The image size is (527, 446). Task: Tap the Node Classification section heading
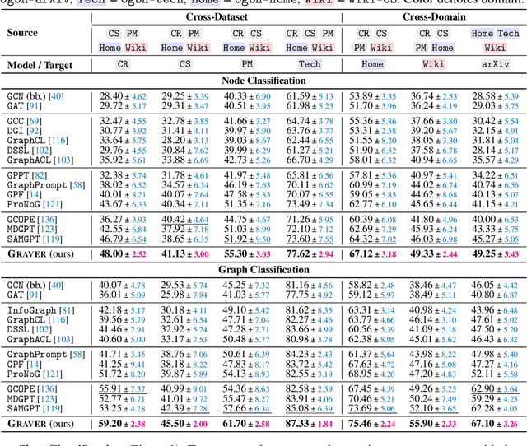click(x=263, y=81)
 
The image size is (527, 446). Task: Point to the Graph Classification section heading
click(x=263, y=269)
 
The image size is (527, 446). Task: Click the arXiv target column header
click(x=494, y=63)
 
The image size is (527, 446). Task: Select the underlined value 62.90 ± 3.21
click(x=494, y=388)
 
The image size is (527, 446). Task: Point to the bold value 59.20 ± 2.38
click(x=123, y=425)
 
